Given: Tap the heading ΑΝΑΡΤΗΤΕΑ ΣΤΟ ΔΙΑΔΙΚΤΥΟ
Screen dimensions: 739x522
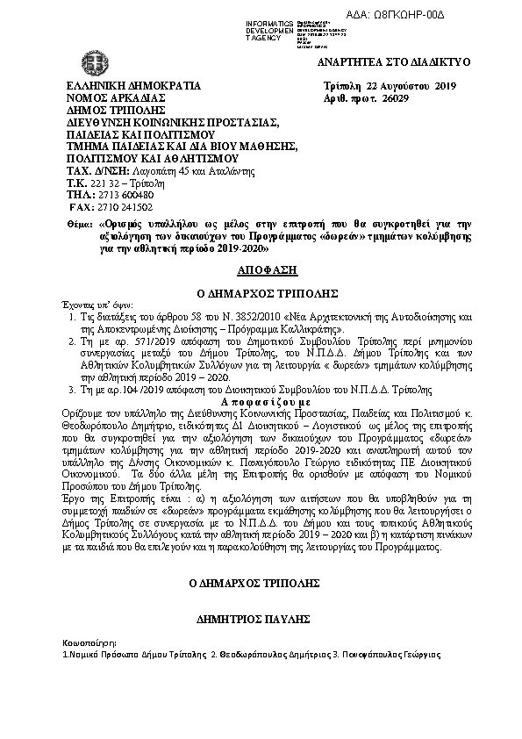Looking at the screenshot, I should click(x=393, y=62).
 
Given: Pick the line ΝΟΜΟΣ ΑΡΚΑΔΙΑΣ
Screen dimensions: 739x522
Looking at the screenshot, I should click(x=117, y=98).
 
